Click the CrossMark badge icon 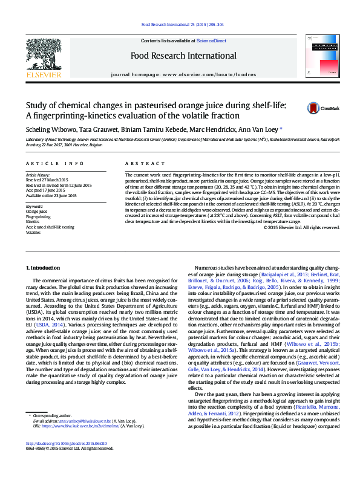tap(315, 108)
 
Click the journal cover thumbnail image tap(319, 57)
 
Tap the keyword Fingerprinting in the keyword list tap(38, 216)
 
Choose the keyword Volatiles tap(33, 232)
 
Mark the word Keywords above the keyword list tap(34, 206)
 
